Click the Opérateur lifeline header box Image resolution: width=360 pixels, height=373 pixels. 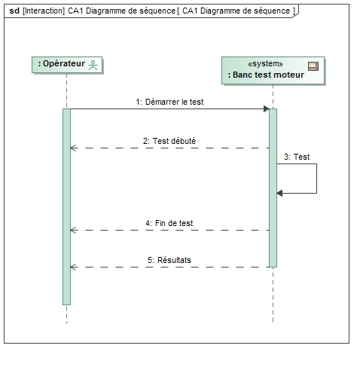point(67,65)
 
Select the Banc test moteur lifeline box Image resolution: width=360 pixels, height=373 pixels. point(273,70)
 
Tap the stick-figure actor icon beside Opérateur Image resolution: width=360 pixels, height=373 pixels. point(93,65)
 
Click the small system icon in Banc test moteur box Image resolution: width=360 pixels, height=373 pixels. point(313,66)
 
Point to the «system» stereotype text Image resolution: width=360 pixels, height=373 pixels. point(265,64)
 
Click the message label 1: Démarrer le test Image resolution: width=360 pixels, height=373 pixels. point(169,102)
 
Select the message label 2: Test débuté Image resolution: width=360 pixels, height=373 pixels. point(169,141)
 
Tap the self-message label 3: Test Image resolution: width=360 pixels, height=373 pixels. point(297,157)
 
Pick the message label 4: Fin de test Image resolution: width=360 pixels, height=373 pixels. point(169,223)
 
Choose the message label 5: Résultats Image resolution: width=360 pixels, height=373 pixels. point(169,260)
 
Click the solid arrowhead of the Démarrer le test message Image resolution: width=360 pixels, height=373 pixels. point(267,109)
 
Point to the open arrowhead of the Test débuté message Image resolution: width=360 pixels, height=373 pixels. point(73,148)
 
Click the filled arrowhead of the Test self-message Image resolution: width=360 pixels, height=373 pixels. point(279,193)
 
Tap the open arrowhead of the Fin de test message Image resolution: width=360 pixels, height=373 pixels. point(73,230)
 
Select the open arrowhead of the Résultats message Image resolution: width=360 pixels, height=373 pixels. point(73,267)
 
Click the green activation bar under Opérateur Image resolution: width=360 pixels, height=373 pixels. point(66,206)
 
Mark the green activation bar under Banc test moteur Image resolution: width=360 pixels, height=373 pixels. point(273,188)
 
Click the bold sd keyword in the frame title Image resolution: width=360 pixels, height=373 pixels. point(14,11)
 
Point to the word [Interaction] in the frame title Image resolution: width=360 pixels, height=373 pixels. point(44,11)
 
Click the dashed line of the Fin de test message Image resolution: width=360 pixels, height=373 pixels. point(169,230)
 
